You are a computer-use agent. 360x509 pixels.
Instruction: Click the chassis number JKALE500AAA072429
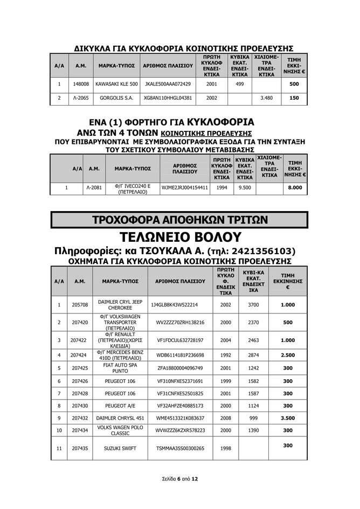[x=168, y=85]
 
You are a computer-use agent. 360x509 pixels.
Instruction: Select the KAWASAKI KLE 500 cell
[x=116, y=85]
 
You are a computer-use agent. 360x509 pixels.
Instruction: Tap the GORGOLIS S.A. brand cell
[x=116, y=98]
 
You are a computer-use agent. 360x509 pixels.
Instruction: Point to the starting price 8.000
[x=295, y=188]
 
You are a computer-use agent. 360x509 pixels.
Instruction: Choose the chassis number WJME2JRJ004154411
[x=185, y=188]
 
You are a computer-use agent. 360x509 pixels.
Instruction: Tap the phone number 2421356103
[x=255, y=251]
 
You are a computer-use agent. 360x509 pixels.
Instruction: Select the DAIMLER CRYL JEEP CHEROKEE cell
[x=116, y=304]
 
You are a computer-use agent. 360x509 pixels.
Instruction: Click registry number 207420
[x=79, y=322]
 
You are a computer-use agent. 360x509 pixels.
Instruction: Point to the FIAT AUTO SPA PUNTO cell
[x=116, y=368]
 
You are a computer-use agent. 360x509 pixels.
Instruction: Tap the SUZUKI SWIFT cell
[x=116, y=448]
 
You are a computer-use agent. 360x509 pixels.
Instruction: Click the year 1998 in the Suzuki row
[x=226, y=448]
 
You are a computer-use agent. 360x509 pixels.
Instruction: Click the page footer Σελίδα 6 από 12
[x=180, y=478]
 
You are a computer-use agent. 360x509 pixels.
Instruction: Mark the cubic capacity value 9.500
[x=245, y=188]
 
